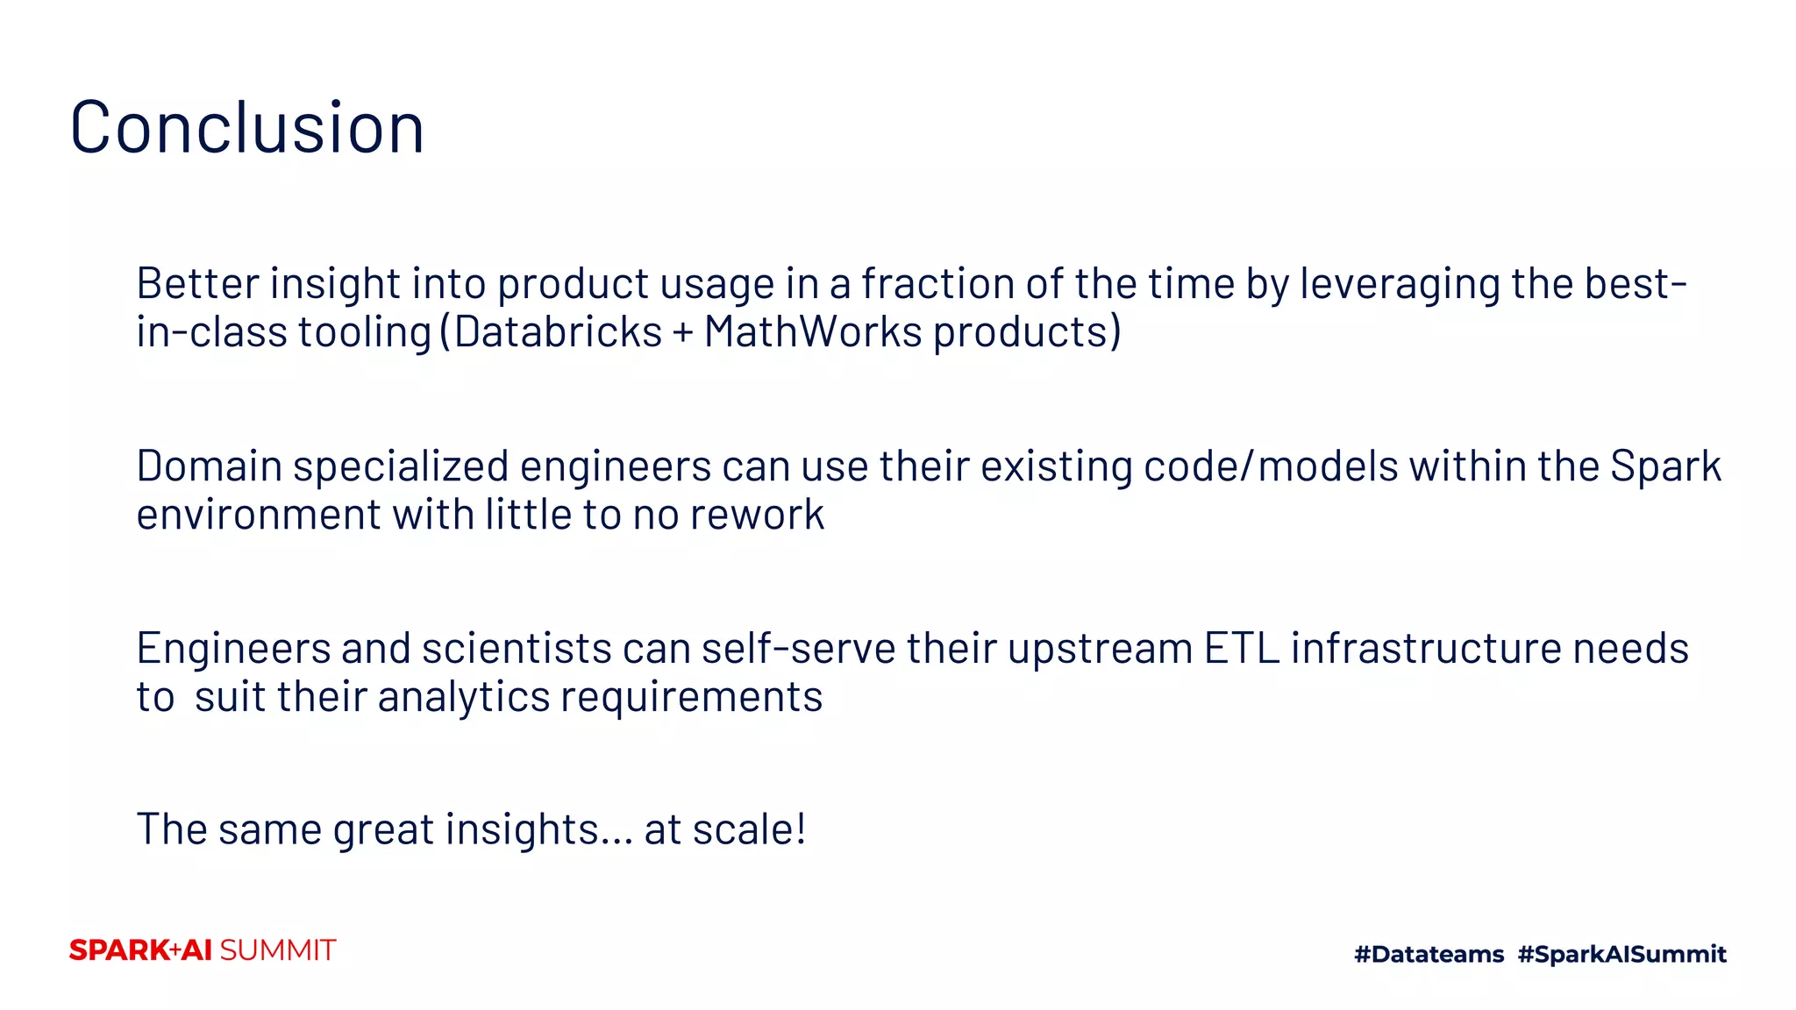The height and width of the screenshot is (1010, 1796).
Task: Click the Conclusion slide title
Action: [246, 128]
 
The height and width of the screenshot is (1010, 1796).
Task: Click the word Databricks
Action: [558, 332]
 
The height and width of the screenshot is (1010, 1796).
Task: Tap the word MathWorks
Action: [812, 332]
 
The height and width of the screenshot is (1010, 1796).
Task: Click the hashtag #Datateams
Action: [1429, 954]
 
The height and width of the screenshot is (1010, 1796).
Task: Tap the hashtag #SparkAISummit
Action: [1621, 954]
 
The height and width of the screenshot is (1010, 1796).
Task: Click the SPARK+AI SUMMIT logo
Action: [203, 950]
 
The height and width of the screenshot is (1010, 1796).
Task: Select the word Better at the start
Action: [197, 284]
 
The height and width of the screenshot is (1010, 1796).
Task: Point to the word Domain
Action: [209, 466]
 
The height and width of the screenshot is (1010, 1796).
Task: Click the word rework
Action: [757, 515]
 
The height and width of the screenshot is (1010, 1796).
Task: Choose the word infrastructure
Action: [1426, 649]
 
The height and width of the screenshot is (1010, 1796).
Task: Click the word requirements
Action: [691, 698]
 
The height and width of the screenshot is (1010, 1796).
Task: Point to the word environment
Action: [259, 515]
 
